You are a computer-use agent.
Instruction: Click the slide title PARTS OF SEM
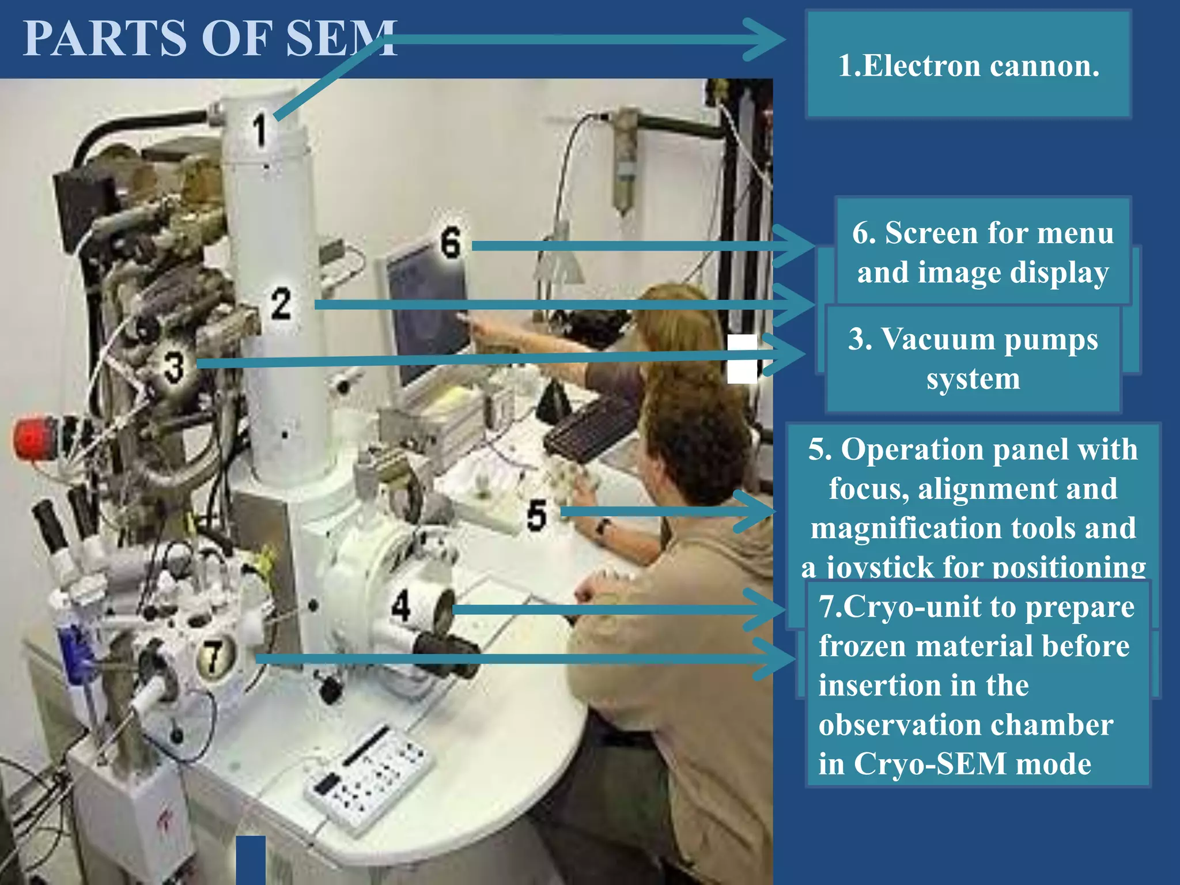pyautogui.click(x=210, y=39)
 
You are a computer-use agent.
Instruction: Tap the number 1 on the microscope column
pyautogui.click(x=260, y=130)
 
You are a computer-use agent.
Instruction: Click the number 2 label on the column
pyautogui.click(x=281, y=304)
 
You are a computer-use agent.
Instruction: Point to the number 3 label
pyautogui.click(x=173, y=367)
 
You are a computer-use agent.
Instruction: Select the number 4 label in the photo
pyautogui.click(x=402, y=606)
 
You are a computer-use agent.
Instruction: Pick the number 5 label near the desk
pyautogui.click(x=536, y=515)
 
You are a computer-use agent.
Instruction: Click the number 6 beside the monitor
pyautogui.click(x=451, y=242)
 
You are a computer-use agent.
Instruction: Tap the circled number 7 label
pyautogui.click(x=214, y=656)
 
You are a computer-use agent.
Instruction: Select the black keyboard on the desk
pyautogui.click(x=591, y=429)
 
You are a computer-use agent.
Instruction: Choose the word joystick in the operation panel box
pyautogui.click(x=882, y=568)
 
